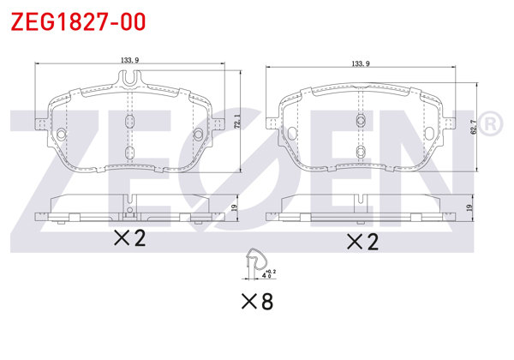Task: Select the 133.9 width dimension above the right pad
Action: pos(360,63)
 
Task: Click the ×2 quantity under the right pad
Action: pos(361,242)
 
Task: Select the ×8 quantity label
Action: pos(256,301)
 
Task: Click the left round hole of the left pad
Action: pos(63,135)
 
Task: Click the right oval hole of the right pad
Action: pos(431,132)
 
